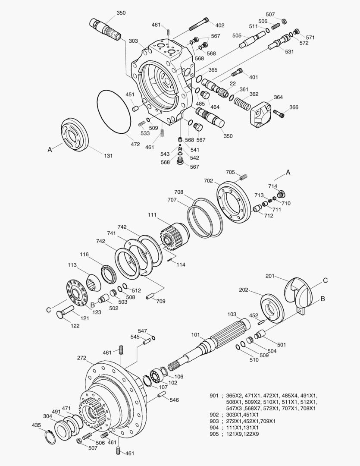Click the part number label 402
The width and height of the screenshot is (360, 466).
coord(220,25)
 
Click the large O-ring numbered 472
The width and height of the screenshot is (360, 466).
coord(114,112)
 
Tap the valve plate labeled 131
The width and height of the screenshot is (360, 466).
coord(74,135)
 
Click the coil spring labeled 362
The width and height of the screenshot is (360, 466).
coord(243,104)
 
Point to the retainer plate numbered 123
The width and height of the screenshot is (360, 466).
coord(78,294)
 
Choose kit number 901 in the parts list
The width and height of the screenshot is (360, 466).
coord(214,395)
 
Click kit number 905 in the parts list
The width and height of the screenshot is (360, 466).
coord(214,434)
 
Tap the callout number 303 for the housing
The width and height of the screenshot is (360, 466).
coord(133,41)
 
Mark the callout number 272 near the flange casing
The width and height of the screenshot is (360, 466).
coord(82,358)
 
